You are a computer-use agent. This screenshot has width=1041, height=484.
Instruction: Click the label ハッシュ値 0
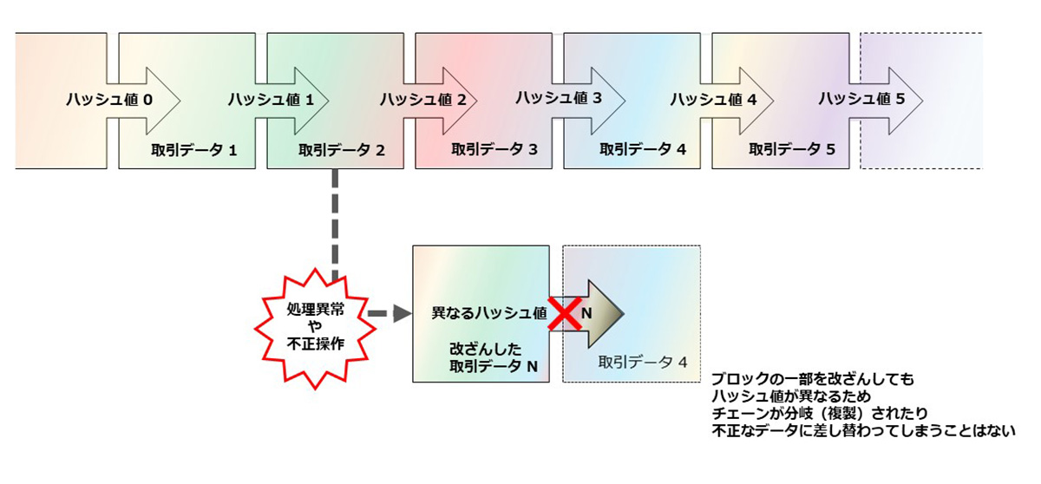pos(109,100)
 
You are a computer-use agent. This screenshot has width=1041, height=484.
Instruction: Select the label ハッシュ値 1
pos(271,100)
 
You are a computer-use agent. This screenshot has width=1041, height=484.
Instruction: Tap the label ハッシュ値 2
pos(423,100)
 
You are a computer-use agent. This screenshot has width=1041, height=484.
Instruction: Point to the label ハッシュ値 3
pos(559,97)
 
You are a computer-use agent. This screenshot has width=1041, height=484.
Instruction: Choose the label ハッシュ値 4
pos(713,99)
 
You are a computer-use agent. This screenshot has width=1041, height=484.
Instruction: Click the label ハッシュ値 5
pos(861,99)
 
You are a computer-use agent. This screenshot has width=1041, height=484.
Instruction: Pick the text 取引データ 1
pos(193,150)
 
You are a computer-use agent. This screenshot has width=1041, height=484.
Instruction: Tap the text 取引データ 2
pos(342,150)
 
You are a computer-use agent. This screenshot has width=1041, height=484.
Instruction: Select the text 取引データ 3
pos(494,149)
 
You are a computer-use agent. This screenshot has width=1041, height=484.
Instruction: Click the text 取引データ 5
pos(792,149)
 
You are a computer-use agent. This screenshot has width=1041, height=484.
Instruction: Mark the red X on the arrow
pos(565,313)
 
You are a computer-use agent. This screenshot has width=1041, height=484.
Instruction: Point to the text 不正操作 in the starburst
pos(316,343)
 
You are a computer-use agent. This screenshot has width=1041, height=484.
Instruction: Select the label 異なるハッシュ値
pos(489,313)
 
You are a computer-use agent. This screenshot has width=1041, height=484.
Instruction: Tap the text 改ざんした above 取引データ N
pos(485,349)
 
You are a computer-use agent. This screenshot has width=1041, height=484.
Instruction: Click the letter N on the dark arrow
pos(586,313)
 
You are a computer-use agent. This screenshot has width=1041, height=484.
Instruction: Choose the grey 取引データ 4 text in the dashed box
pos(642,363)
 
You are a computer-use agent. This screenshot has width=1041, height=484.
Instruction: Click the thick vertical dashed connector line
pos(335,226)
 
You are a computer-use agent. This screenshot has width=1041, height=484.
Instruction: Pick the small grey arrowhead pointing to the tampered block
pos(403,313)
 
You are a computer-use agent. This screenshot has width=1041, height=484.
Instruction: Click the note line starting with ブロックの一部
pos(813,379)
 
